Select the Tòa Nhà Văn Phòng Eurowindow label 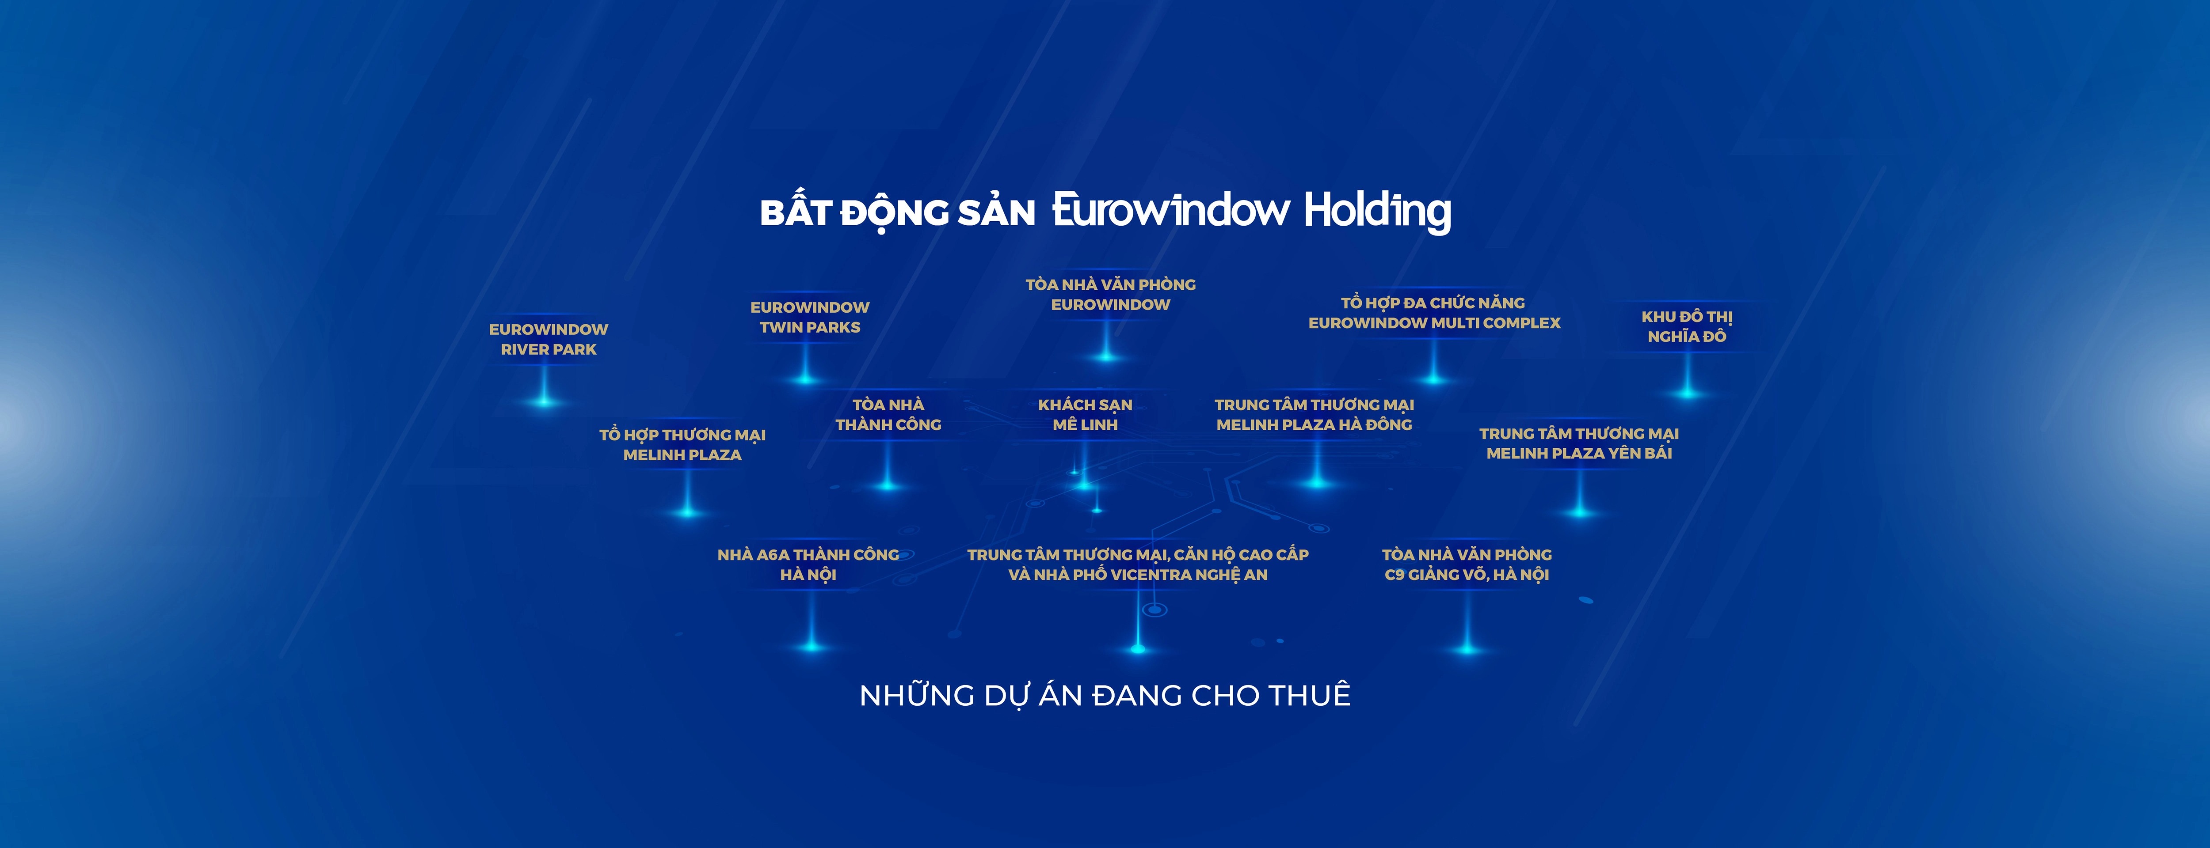coord(1110,294)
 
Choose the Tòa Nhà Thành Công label coord(888,414)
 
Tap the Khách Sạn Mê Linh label coord(1085,414)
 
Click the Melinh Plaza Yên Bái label coord(1578,443)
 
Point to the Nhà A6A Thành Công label coord(808,564)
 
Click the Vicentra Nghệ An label coord(1138,564)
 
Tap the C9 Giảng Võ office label coord(1467,564)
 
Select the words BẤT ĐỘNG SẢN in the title coord(897,212)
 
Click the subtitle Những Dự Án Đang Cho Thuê coord(1105,695)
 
